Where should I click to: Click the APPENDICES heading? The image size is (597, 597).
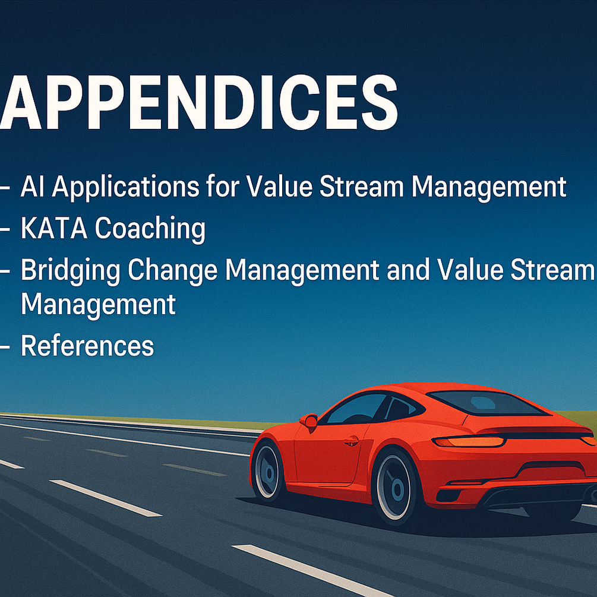click(x=199, y=102)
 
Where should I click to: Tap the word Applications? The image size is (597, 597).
click(x=126, y=188)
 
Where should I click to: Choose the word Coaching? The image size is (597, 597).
click(x=150, y=229)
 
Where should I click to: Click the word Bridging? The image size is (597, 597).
click(x=71, y=271)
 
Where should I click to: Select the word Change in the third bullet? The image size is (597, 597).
click(x=172, y=271)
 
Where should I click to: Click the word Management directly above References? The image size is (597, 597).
click(x=98, y=305)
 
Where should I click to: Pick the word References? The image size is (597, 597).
click(x=87, y=346)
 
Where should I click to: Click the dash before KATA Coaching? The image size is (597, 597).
click(x=5, y=229)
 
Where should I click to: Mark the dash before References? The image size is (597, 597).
click(x=5, y=348)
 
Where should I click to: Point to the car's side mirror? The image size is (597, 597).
click(x=309, y=421)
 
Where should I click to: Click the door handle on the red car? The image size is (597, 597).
click(x=352, y=441)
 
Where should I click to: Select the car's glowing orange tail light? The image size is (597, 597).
click(x=469, y=441)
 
